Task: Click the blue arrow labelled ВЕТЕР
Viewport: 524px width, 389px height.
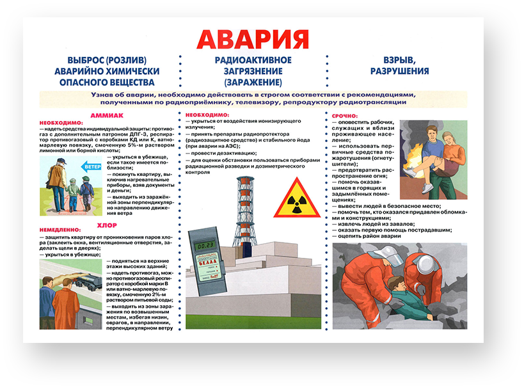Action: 93,168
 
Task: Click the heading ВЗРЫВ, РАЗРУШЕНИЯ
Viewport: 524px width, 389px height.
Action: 397,66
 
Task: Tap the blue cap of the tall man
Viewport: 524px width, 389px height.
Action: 61,161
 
